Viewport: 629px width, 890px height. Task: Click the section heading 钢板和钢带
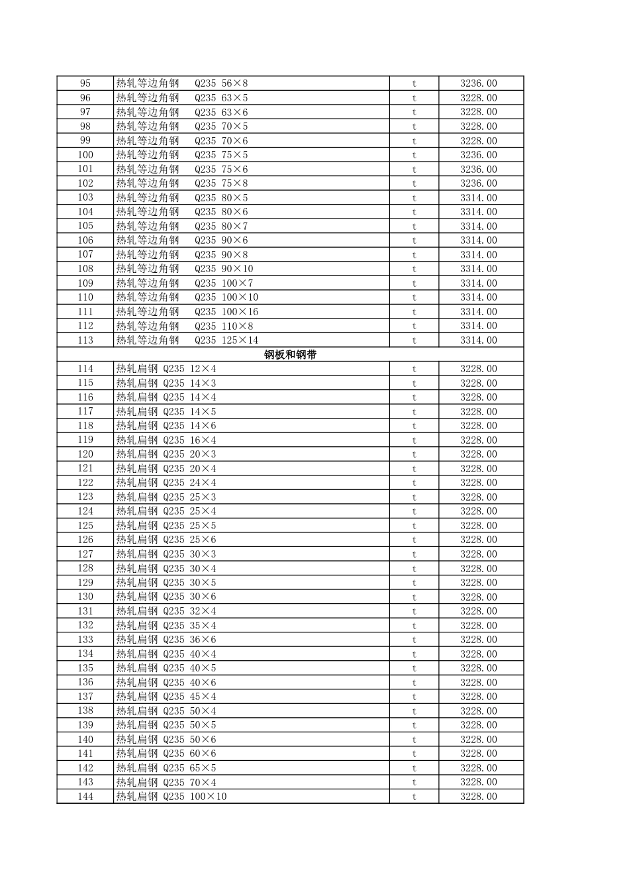click(x=290, y=354)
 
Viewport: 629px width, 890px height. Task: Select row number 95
click(x=85, y=83)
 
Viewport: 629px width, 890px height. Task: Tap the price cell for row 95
click(x=479, y=83)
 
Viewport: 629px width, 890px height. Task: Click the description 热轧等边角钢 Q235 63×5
click(x=182, y=98)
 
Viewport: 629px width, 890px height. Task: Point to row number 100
click(x=85, y=155)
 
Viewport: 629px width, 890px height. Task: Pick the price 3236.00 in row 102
click(x=479, y=183)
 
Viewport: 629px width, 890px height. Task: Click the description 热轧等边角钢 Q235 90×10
click(x=185, y=269)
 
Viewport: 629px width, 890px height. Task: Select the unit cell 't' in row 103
click(x=414, y=198)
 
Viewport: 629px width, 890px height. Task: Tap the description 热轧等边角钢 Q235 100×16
click(x=187, y=312)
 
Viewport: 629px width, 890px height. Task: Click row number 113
click(x=85, y=340)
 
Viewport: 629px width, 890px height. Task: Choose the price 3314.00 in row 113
click(x=479, y=340)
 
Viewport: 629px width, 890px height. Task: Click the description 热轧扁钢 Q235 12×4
click(x=166, y=369)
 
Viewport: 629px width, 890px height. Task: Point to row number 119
click(x=85, y=440)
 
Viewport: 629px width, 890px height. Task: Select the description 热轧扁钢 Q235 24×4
click(x=166, y=483)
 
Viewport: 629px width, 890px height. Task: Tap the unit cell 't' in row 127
click(x=414, y=554)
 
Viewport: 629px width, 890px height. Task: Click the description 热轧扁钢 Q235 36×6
click(x=166, y=640)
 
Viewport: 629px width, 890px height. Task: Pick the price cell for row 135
click(x=479, y=668)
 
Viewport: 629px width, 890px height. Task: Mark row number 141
click(x=85, y=754)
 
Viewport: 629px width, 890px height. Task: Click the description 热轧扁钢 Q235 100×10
click(x=171, y=797)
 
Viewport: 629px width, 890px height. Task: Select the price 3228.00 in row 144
click(x=479, y=797)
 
